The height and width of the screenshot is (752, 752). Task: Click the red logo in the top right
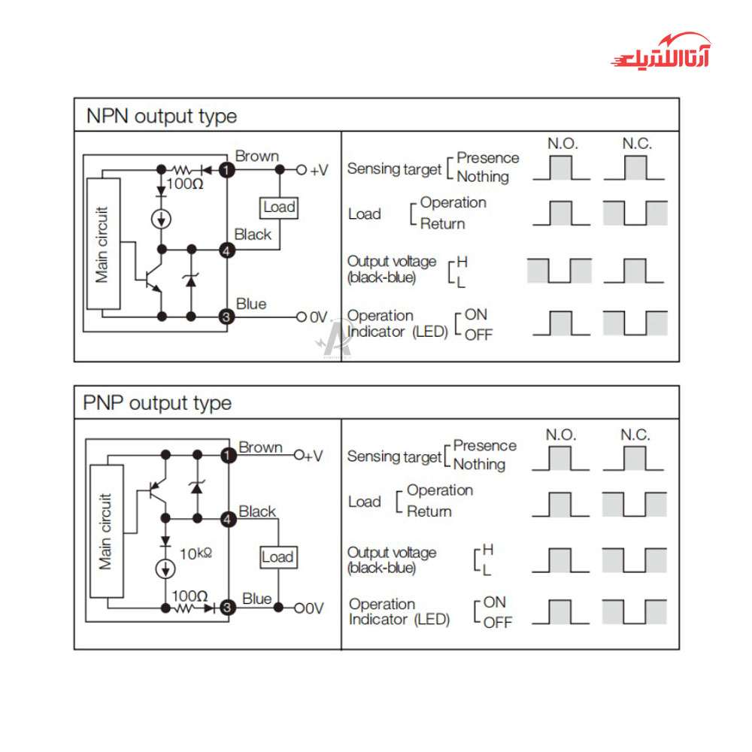(x=660, y=52)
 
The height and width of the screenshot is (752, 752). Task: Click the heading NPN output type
(x=161, y=117)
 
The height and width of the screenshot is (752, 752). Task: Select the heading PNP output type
(x=156, y=403)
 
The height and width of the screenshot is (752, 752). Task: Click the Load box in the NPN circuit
(x=279, y=207)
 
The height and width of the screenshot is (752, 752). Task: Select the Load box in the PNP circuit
(x=277, y=557)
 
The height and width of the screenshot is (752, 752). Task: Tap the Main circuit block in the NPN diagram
(x=103, y=244)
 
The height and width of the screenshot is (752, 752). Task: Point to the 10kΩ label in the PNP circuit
(x=196, y=554)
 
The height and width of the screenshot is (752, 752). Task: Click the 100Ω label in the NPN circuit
(x=184, y=183)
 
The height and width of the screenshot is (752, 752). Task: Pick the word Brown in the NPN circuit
(x=256, y=156)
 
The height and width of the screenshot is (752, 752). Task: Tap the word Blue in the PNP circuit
(x=257, y=599)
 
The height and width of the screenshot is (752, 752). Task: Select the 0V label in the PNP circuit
(x=313, y=608)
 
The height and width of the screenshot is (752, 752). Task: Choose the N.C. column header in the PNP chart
(x=635, y=435)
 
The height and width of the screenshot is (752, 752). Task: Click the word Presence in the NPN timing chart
(x=487, y=158)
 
